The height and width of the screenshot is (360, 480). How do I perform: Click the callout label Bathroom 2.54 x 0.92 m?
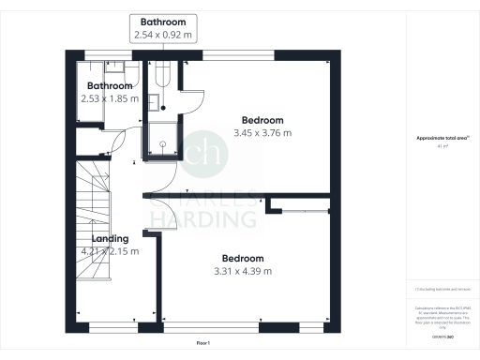tap(164, 28)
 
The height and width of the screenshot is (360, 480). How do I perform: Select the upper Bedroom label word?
tap(262, 120)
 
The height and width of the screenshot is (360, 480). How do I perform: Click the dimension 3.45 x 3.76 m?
tap(262, 133)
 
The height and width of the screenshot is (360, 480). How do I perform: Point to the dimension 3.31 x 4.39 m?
tap(243, 271)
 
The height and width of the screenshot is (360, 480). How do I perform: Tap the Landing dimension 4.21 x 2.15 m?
tap(110, 251)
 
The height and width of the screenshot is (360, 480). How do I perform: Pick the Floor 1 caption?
tap(203, 344)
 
